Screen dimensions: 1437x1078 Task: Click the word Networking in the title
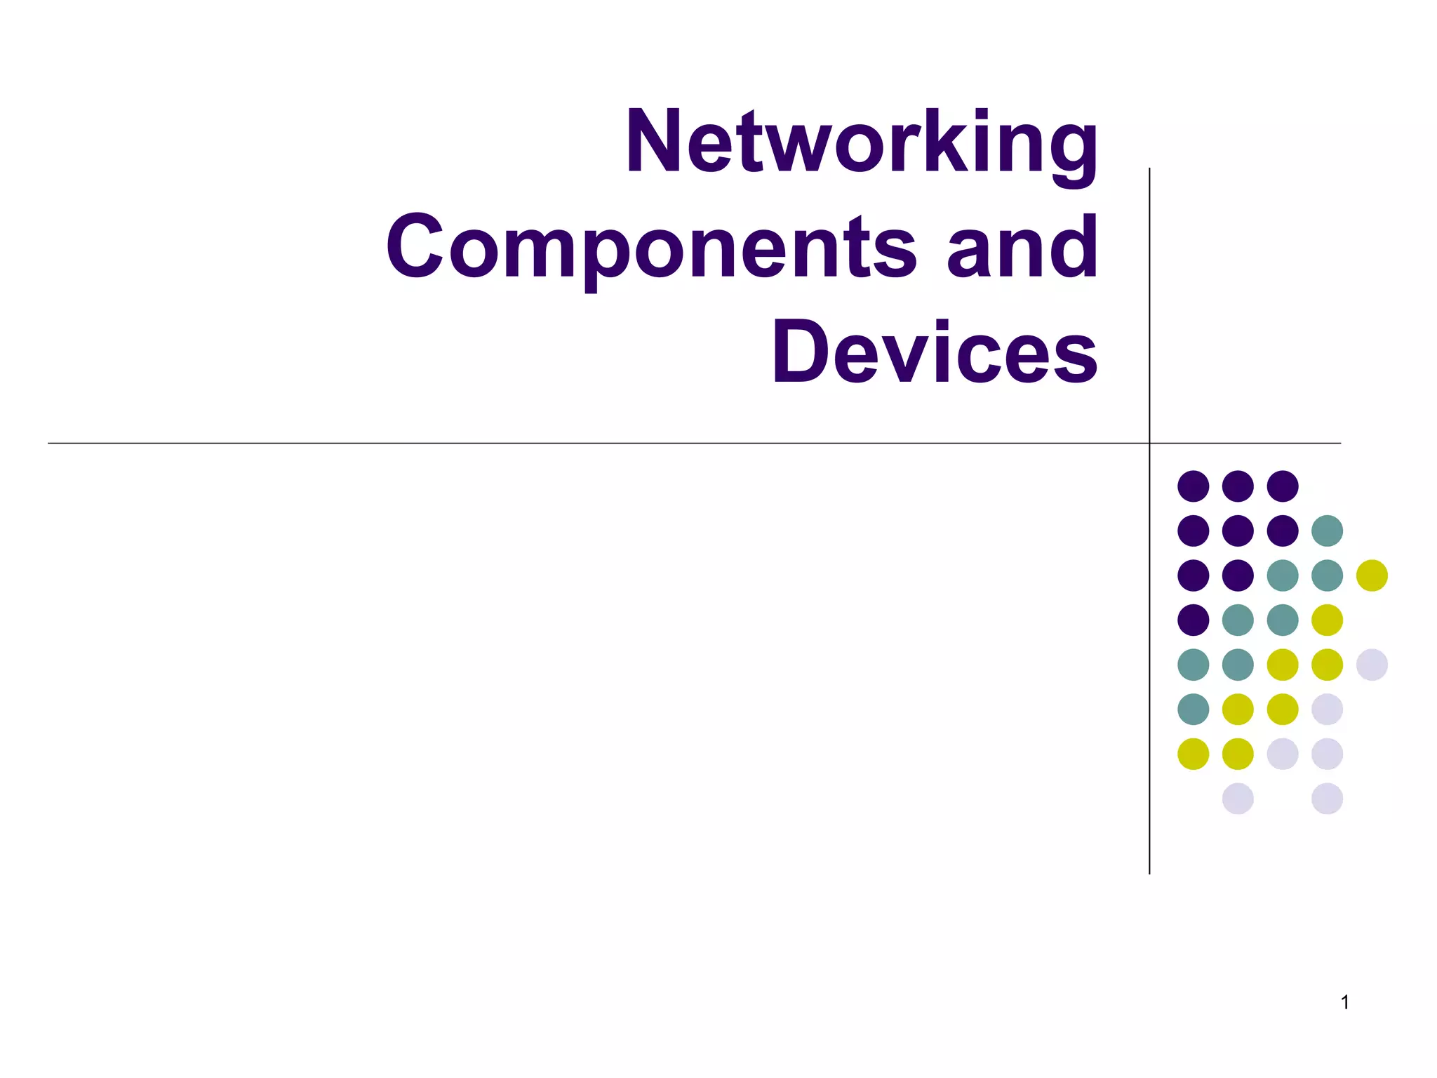tap(862, 142)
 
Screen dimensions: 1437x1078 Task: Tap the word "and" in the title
tap(1022, 247)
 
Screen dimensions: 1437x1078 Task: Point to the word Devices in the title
tap(935, 352)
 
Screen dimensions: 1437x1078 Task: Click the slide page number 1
tap(1345, 1003)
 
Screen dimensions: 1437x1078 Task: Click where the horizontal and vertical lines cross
tap(1149, 444)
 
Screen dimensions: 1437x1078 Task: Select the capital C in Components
tap(415, 247)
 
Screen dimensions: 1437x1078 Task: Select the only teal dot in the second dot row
tap(1327, 531)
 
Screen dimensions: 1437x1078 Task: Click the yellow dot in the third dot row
tap(1372, 575)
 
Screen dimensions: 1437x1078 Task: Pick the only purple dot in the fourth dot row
tap(1194, 620)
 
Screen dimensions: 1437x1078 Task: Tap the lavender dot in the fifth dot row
tap(1372, 665)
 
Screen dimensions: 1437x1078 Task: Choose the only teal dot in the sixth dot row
tap(1194, 709)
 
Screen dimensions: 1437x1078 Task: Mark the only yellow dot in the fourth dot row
tap(1327, 620)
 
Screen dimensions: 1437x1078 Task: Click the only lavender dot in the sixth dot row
tap(1327, 709)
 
